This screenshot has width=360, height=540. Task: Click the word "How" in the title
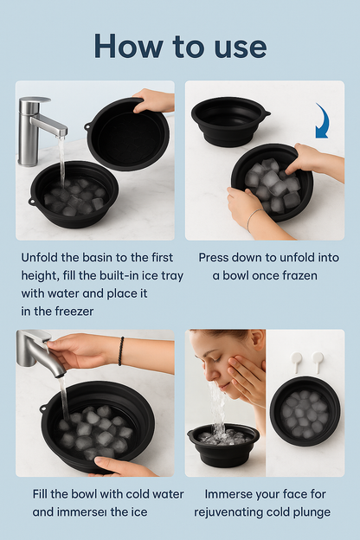click(128, 46)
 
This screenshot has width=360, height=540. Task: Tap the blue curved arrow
click(324, 121)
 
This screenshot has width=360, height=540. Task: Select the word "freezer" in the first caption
click(74, 312)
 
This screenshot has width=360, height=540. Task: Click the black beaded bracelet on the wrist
click(121, 351)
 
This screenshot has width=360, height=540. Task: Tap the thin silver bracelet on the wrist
click(254, 220)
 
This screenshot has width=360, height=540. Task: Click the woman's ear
click(258, 339)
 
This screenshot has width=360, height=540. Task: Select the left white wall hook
click(296, 362)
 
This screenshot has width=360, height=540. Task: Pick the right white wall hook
click(318, 362)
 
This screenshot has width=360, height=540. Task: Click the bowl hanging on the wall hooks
click(305, 411)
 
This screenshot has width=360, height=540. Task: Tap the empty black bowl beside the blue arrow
click(230, 121)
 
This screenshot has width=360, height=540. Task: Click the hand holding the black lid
click(154, 100)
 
